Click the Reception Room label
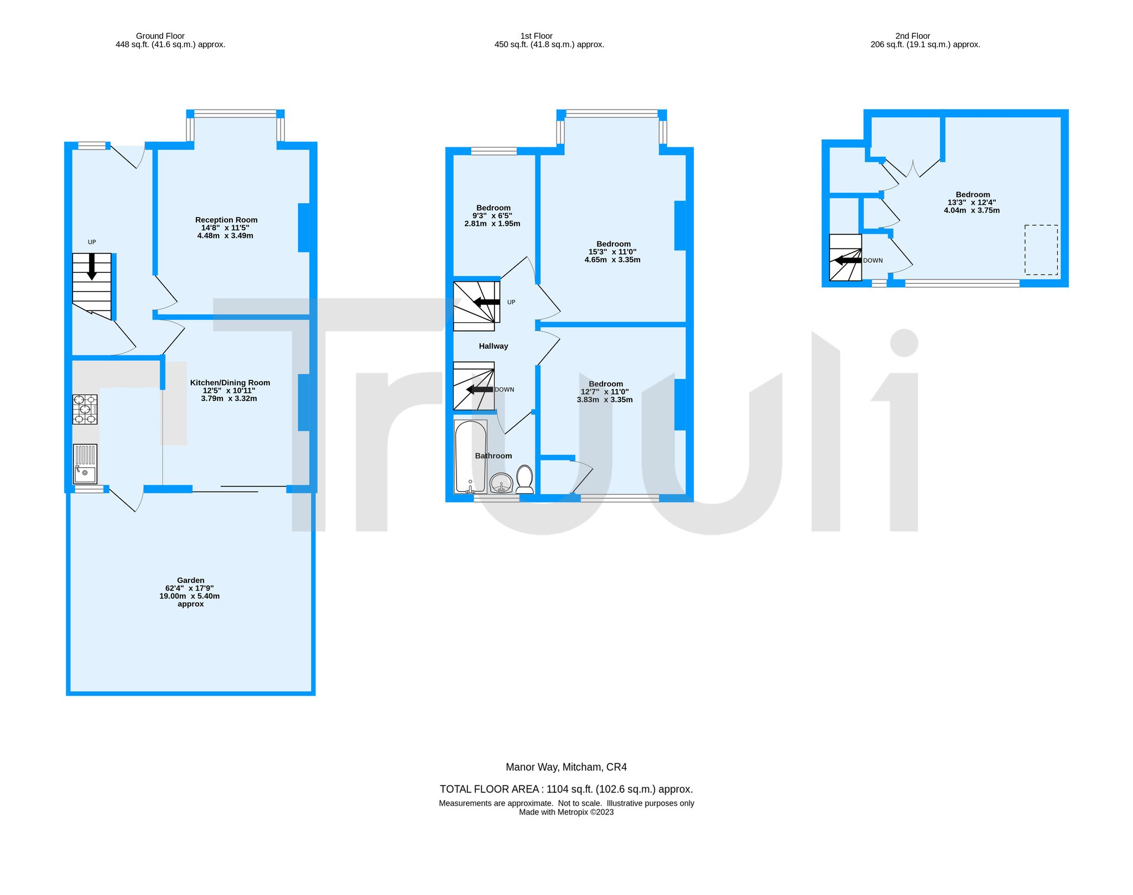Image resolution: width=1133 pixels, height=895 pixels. (x=226, y=220)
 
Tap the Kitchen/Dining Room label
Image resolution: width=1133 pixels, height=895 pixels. (x=230, y=382)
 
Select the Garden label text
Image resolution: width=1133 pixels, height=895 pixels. (x=191, y=581)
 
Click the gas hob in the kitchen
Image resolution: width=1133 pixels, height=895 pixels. (x=85, y=410)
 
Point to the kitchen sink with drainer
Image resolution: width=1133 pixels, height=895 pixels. (x=85, y=464)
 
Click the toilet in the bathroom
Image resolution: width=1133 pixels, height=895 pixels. (x=524, y=479)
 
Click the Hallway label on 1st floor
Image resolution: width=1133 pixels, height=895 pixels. (x=493, y=346)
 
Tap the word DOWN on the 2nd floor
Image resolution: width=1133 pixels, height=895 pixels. (x=873, y=260)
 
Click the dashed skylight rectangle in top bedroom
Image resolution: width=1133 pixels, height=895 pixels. (x=1041, y=250)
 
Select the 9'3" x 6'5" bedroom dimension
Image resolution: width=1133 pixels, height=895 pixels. (x=492, y=216)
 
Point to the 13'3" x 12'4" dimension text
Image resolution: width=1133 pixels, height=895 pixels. (x=972, y=203)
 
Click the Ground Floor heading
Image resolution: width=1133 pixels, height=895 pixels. (x=160, y=36)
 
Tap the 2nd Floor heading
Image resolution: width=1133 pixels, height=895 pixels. (x=913, y=36)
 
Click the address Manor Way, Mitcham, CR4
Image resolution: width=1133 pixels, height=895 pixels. (x=566, y=767)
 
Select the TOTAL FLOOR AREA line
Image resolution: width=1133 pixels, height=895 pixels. (x=566, y=789)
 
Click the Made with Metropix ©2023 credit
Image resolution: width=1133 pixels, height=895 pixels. (x=566, y=812)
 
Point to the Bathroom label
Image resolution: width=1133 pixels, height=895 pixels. (x=493, y=456)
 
